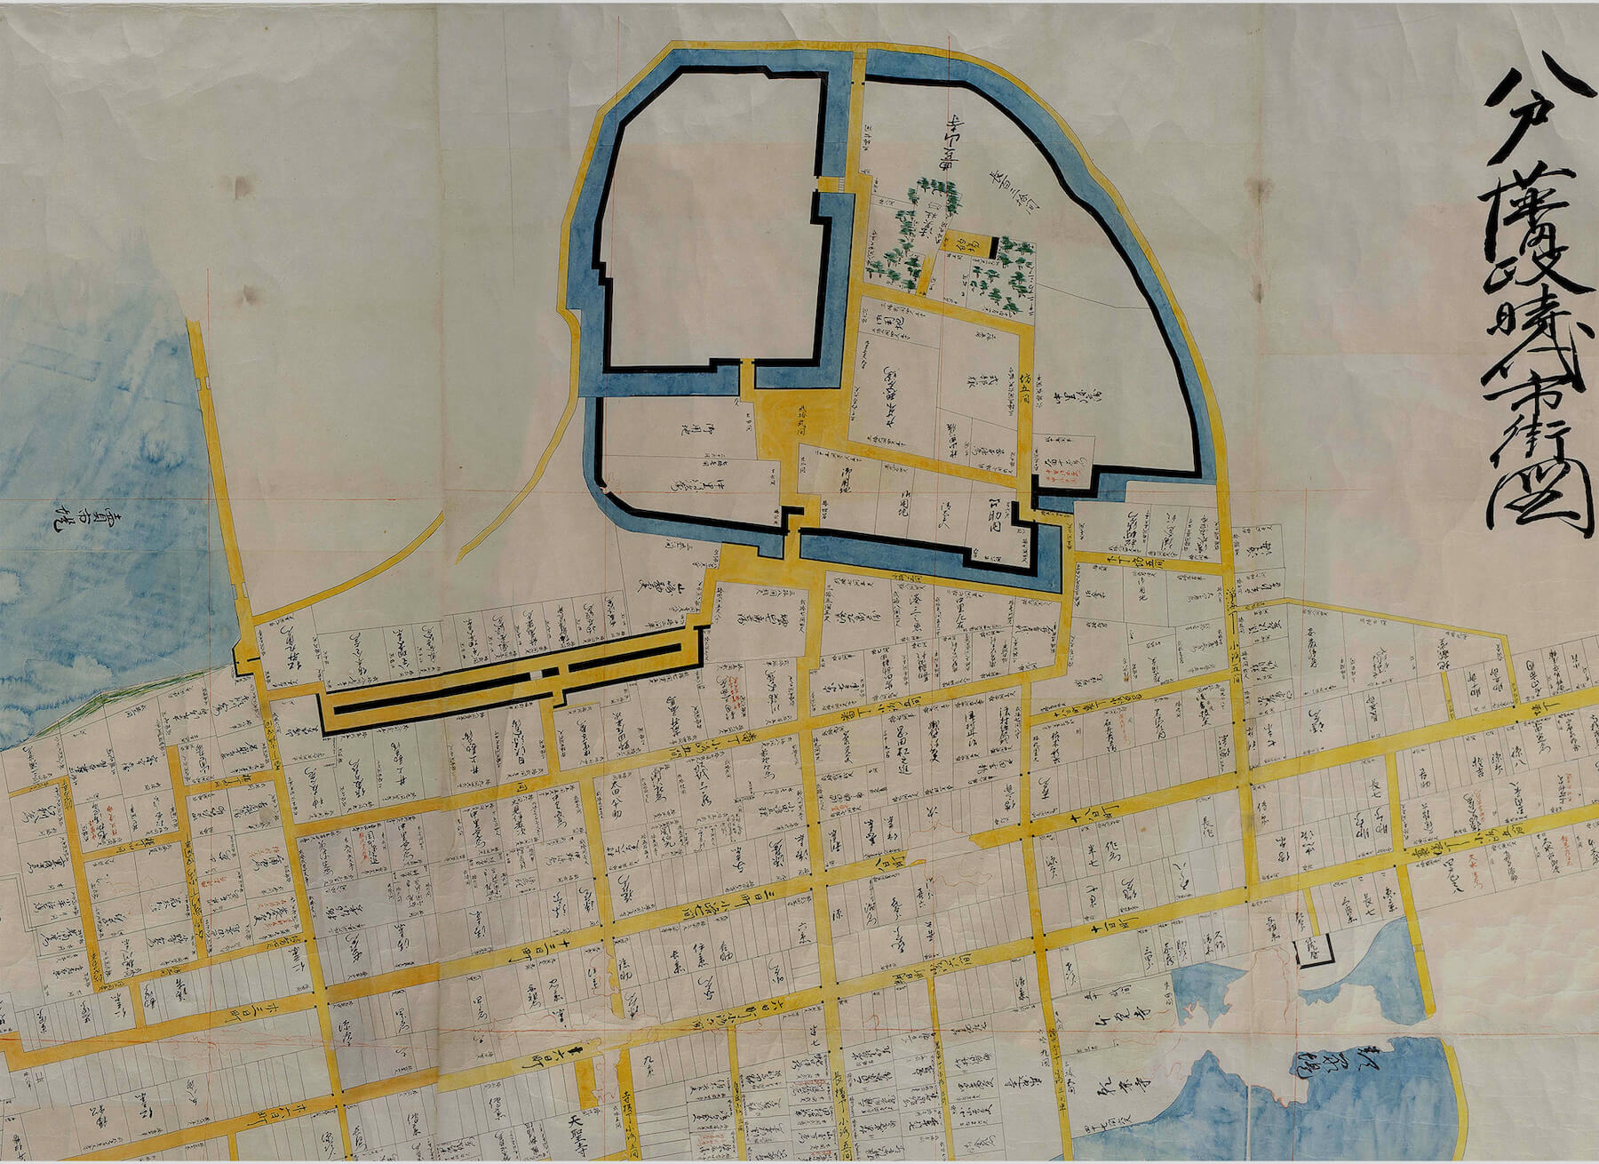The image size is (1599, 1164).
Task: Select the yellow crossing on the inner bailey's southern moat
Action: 748,378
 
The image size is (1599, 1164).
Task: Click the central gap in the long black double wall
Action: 552,672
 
